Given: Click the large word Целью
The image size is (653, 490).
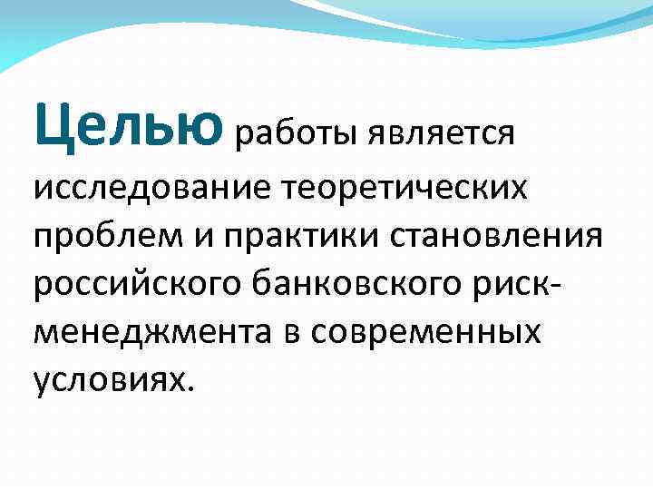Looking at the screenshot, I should click(x=127, y=126).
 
